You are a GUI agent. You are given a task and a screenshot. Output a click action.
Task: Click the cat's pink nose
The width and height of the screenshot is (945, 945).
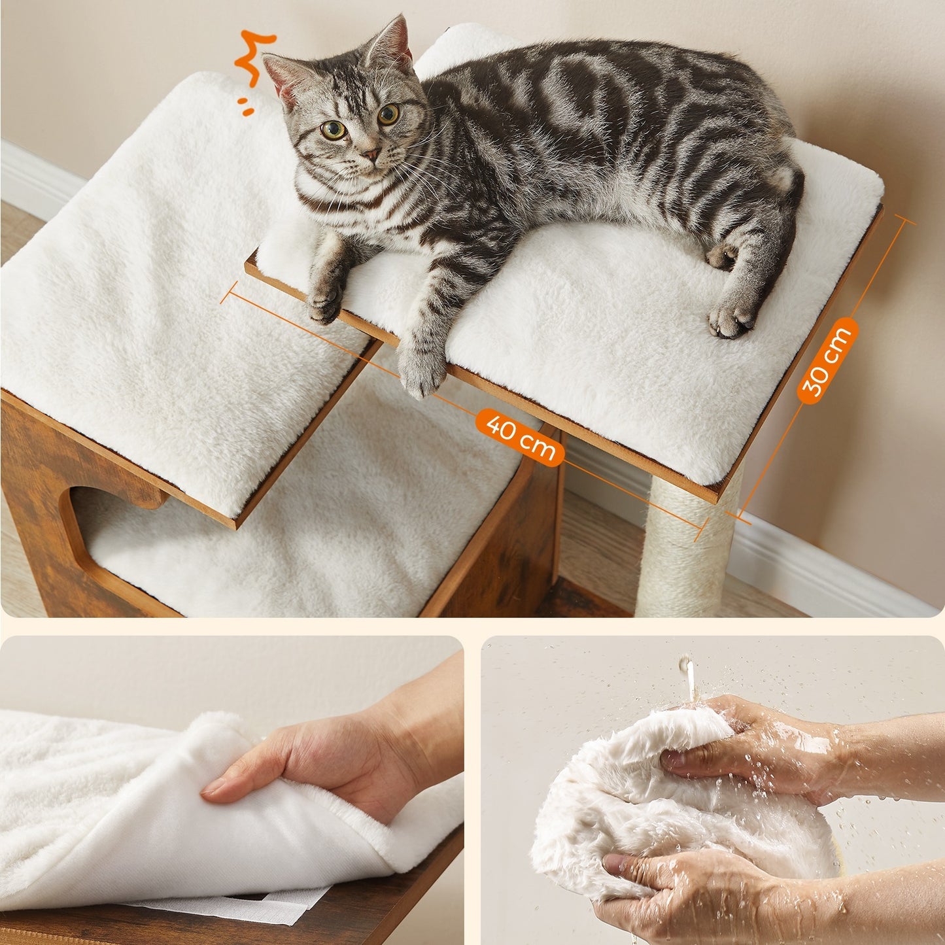(371, 154)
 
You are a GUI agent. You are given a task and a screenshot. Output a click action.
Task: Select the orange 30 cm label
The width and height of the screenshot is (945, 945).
(827, 360)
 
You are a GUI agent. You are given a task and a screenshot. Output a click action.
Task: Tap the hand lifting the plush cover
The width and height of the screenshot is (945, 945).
(334, 780)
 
